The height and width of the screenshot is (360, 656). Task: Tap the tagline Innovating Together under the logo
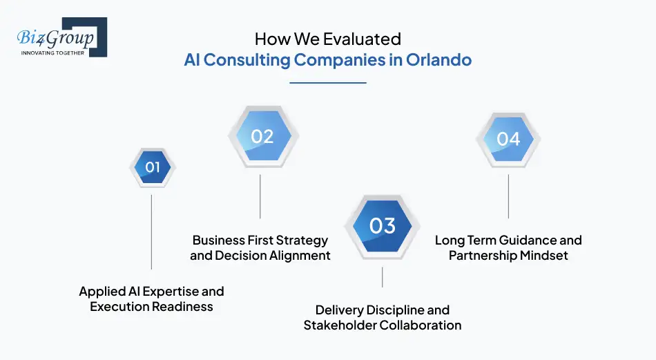pyautogui.click(x=53, y=53)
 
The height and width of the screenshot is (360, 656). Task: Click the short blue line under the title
pyautogui.click(x=327, y=83)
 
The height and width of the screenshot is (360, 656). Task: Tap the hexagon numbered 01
pyautogui.click(x=153, y=167)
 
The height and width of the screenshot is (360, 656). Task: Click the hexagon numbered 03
pyautogui.click(x=382, y=226)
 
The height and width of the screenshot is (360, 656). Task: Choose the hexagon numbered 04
pyautogui.click(x=508, y=139)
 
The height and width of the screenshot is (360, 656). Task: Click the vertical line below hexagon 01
pyautogui.click(x=151, y=231)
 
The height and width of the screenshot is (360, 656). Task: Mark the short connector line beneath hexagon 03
pyautogui.click(x=382, y=277)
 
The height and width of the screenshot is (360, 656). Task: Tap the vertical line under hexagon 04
pyautogui.click(x=508, y=196)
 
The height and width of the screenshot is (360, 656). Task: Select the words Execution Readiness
pyautogui.click(x=151, y=307)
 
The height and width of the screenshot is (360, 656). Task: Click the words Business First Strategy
pyautogui.click(x=260, y=240)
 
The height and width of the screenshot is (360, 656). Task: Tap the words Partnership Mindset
pyautogui.click(x=508, y=256)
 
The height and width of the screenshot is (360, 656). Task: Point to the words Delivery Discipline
pyautogui.click(x=382, y=310)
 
